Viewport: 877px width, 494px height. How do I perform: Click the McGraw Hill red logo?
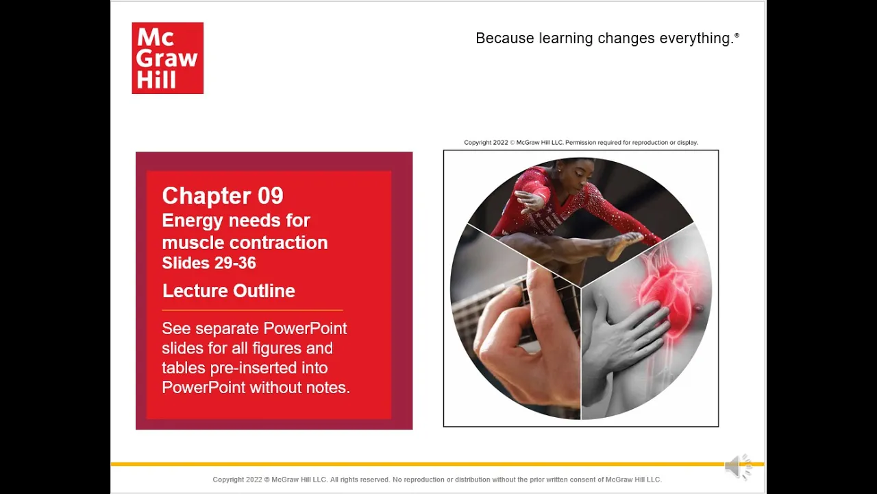point(168,58)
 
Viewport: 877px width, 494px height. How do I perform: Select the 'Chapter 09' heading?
point(223,196)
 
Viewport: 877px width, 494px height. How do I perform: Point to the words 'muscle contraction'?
point(245,243)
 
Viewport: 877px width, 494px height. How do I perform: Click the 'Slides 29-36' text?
point(209,263)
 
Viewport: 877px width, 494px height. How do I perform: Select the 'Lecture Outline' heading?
point(229,291)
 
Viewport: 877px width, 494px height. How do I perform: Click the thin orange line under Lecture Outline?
point(253,310)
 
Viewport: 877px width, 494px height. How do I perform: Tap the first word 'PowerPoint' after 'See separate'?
point(305,329)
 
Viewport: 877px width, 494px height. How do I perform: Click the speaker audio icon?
point(738,467)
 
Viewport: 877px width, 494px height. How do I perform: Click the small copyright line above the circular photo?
point(581,143)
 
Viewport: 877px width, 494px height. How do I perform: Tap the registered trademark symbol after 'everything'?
point(737,35)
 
